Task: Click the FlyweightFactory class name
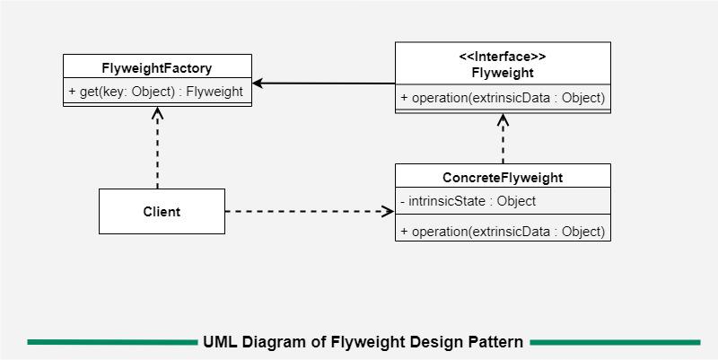[x=156, y=67]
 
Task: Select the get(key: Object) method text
[x=155, y=92]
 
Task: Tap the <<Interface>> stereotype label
[x=503, y=56]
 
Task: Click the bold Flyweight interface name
[x=503, y=73]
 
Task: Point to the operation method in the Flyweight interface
[x=503, y=98]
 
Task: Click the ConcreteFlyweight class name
[x=503, y=177]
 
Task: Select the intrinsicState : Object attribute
[x=468, y=201]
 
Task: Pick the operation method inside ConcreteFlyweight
[x=503, y=231]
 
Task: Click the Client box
[x=162, y=212]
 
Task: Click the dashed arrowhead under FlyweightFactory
[x=157, y=113]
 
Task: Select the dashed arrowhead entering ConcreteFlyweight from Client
[x=389, y=212]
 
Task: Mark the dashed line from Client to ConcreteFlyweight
[x=305, y=212]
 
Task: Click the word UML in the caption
[x=220, y=342]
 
